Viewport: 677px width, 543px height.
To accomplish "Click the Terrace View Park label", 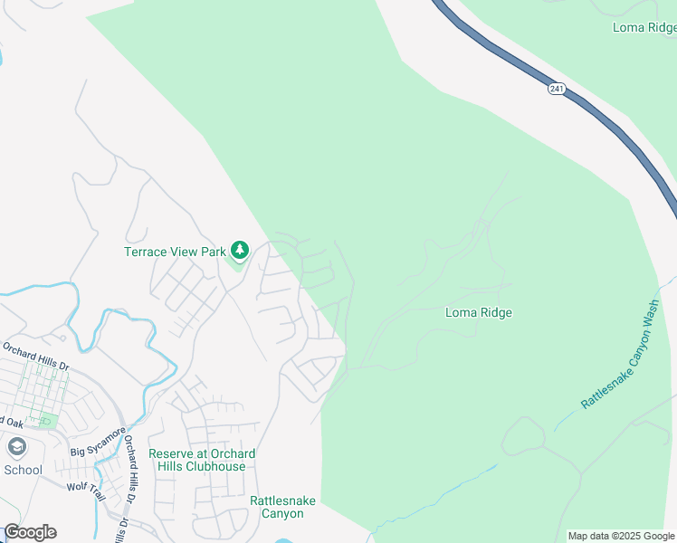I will pyautogui.click(x=176, y=252).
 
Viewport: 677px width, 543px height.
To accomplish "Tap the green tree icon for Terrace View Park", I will pyautogui.click(x=239, y=249).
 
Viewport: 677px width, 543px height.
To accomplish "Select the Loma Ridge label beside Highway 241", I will pyautogui.click(x=644, y=27).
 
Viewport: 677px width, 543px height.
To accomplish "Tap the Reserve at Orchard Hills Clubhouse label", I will pyautogui.click(x=202, y=460).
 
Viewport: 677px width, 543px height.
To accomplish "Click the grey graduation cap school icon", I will pyautogui.click(x=16, y=447).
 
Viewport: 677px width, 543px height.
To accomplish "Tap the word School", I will pyautogui.click(x=23, y=470).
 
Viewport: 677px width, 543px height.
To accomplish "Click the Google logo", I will pyautogui.click(x=30, y=532).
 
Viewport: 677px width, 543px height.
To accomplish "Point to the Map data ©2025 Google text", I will pyautogui.click(x=621, y=536).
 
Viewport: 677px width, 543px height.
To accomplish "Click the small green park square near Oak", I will pyautogui.click(x=46, y=421).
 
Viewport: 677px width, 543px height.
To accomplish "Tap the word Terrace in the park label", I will pyautogui.click(x=146, y=252).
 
